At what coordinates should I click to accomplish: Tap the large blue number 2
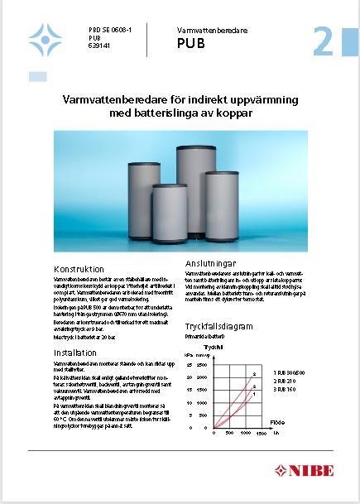(x=324, y=41)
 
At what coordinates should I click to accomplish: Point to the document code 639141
(x=98, y=46)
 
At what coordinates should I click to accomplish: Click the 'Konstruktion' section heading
(x=79, y=269)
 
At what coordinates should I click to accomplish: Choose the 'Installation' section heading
(x=74, y=352)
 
